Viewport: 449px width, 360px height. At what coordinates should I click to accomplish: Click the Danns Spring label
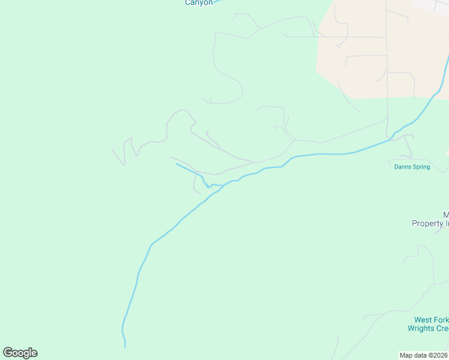(412, 167)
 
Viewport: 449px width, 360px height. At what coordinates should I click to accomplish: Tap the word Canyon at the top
(198, 3)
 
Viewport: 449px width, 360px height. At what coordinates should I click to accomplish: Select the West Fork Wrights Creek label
(428, 324)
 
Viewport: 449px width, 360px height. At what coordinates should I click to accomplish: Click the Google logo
(20, 353)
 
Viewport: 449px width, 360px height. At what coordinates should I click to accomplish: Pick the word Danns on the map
(402, 167)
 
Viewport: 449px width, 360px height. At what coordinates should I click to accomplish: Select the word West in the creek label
(423, 320)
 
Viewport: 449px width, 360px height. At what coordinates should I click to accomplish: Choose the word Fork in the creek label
(441, 320)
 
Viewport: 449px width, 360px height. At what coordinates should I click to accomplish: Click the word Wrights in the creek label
(421, 328)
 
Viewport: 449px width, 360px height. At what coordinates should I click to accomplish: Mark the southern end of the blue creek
(125, 346)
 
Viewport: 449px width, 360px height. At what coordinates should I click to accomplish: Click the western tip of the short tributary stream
(176, 164)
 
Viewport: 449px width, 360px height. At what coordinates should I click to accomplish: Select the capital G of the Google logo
(8, 353)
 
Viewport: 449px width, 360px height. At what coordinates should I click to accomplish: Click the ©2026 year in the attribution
(437, 355)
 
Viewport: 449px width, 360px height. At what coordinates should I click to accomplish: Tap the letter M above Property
(446, 215)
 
